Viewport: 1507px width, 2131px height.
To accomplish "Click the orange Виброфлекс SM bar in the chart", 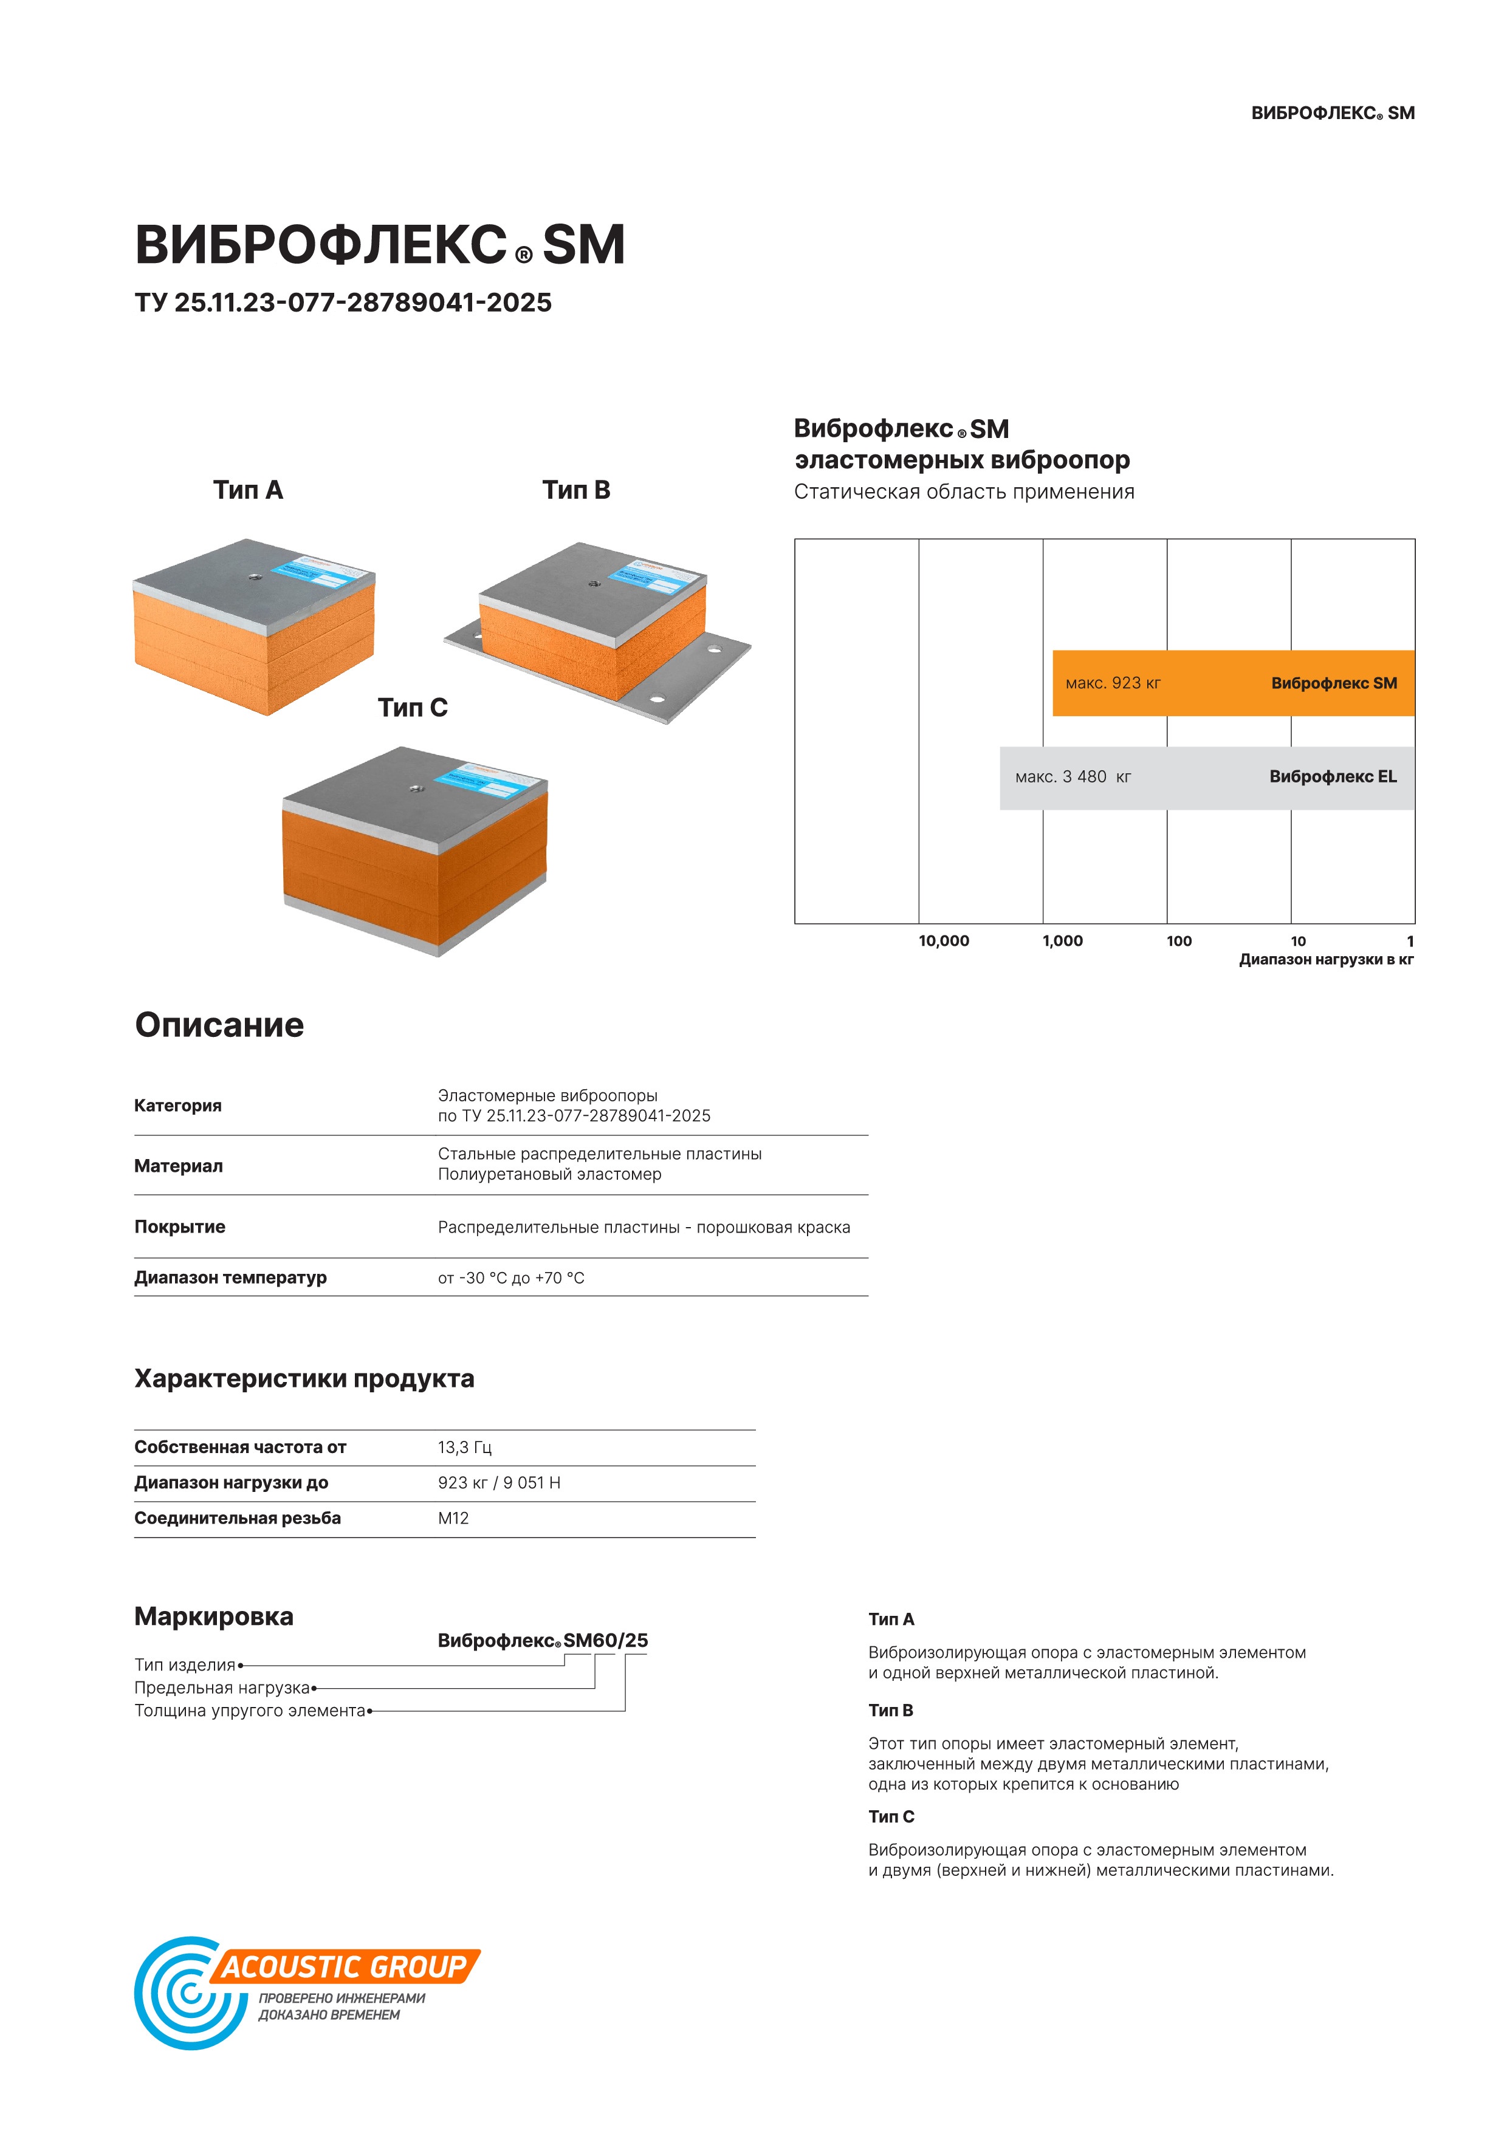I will coord(1232,683).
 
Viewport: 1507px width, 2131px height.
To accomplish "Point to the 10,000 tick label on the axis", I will coord(943,941).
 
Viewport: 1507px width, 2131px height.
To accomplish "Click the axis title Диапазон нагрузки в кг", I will coord(1325,960).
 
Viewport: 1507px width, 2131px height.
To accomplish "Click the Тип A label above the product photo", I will coord(248,490).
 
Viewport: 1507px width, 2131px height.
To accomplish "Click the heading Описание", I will coord(219,1025).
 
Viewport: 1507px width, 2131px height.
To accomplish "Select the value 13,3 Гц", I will coord(464,1447).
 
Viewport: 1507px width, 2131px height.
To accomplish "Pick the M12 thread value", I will coord(453,1519).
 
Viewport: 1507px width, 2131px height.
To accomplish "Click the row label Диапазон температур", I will coord(230,1278).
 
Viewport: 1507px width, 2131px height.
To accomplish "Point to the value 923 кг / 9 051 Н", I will coord(499,1483).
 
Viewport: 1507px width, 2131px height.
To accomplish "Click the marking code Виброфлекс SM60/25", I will coord(542,1640).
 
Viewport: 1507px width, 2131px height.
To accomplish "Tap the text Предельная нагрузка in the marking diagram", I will coord(222,1688).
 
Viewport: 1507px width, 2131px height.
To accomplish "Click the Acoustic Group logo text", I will coord(343,1967).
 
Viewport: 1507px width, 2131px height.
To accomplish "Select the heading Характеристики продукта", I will coord(304,1379).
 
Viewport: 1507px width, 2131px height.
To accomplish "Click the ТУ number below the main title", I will coord(343,303).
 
